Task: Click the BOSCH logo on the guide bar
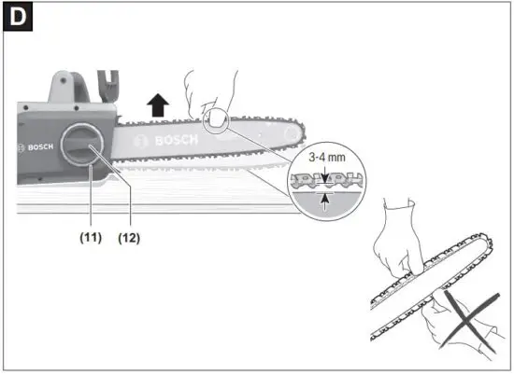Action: click(x=166, y=141)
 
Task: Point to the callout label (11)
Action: click(x=90, y=238)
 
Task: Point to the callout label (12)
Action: click(x=129, y=238)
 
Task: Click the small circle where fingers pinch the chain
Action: click(x=217, y=119)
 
